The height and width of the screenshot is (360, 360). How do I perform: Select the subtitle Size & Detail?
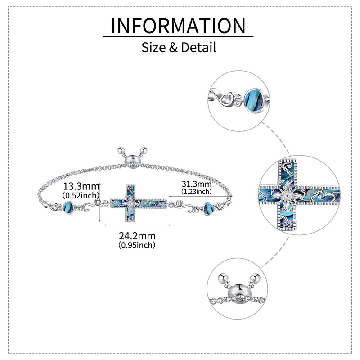(x=179, y=47)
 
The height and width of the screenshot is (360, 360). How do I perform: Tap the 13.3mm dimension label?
(x=81, y=186)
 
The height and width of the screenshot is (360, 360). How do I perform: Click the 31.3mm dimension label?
(x=196, y=184)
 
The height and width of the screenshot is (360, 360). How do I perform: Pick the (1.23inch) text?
(x=196, y=191)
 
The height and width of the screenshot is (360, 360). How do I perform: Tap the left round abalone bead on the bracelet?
(x=69, y=207)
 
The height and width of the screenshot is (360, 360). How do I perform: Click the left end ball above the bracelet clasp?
(x=121, y=150)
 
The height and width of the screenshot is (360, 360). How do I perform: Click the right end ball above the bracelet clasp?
(x=146, y=150)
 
